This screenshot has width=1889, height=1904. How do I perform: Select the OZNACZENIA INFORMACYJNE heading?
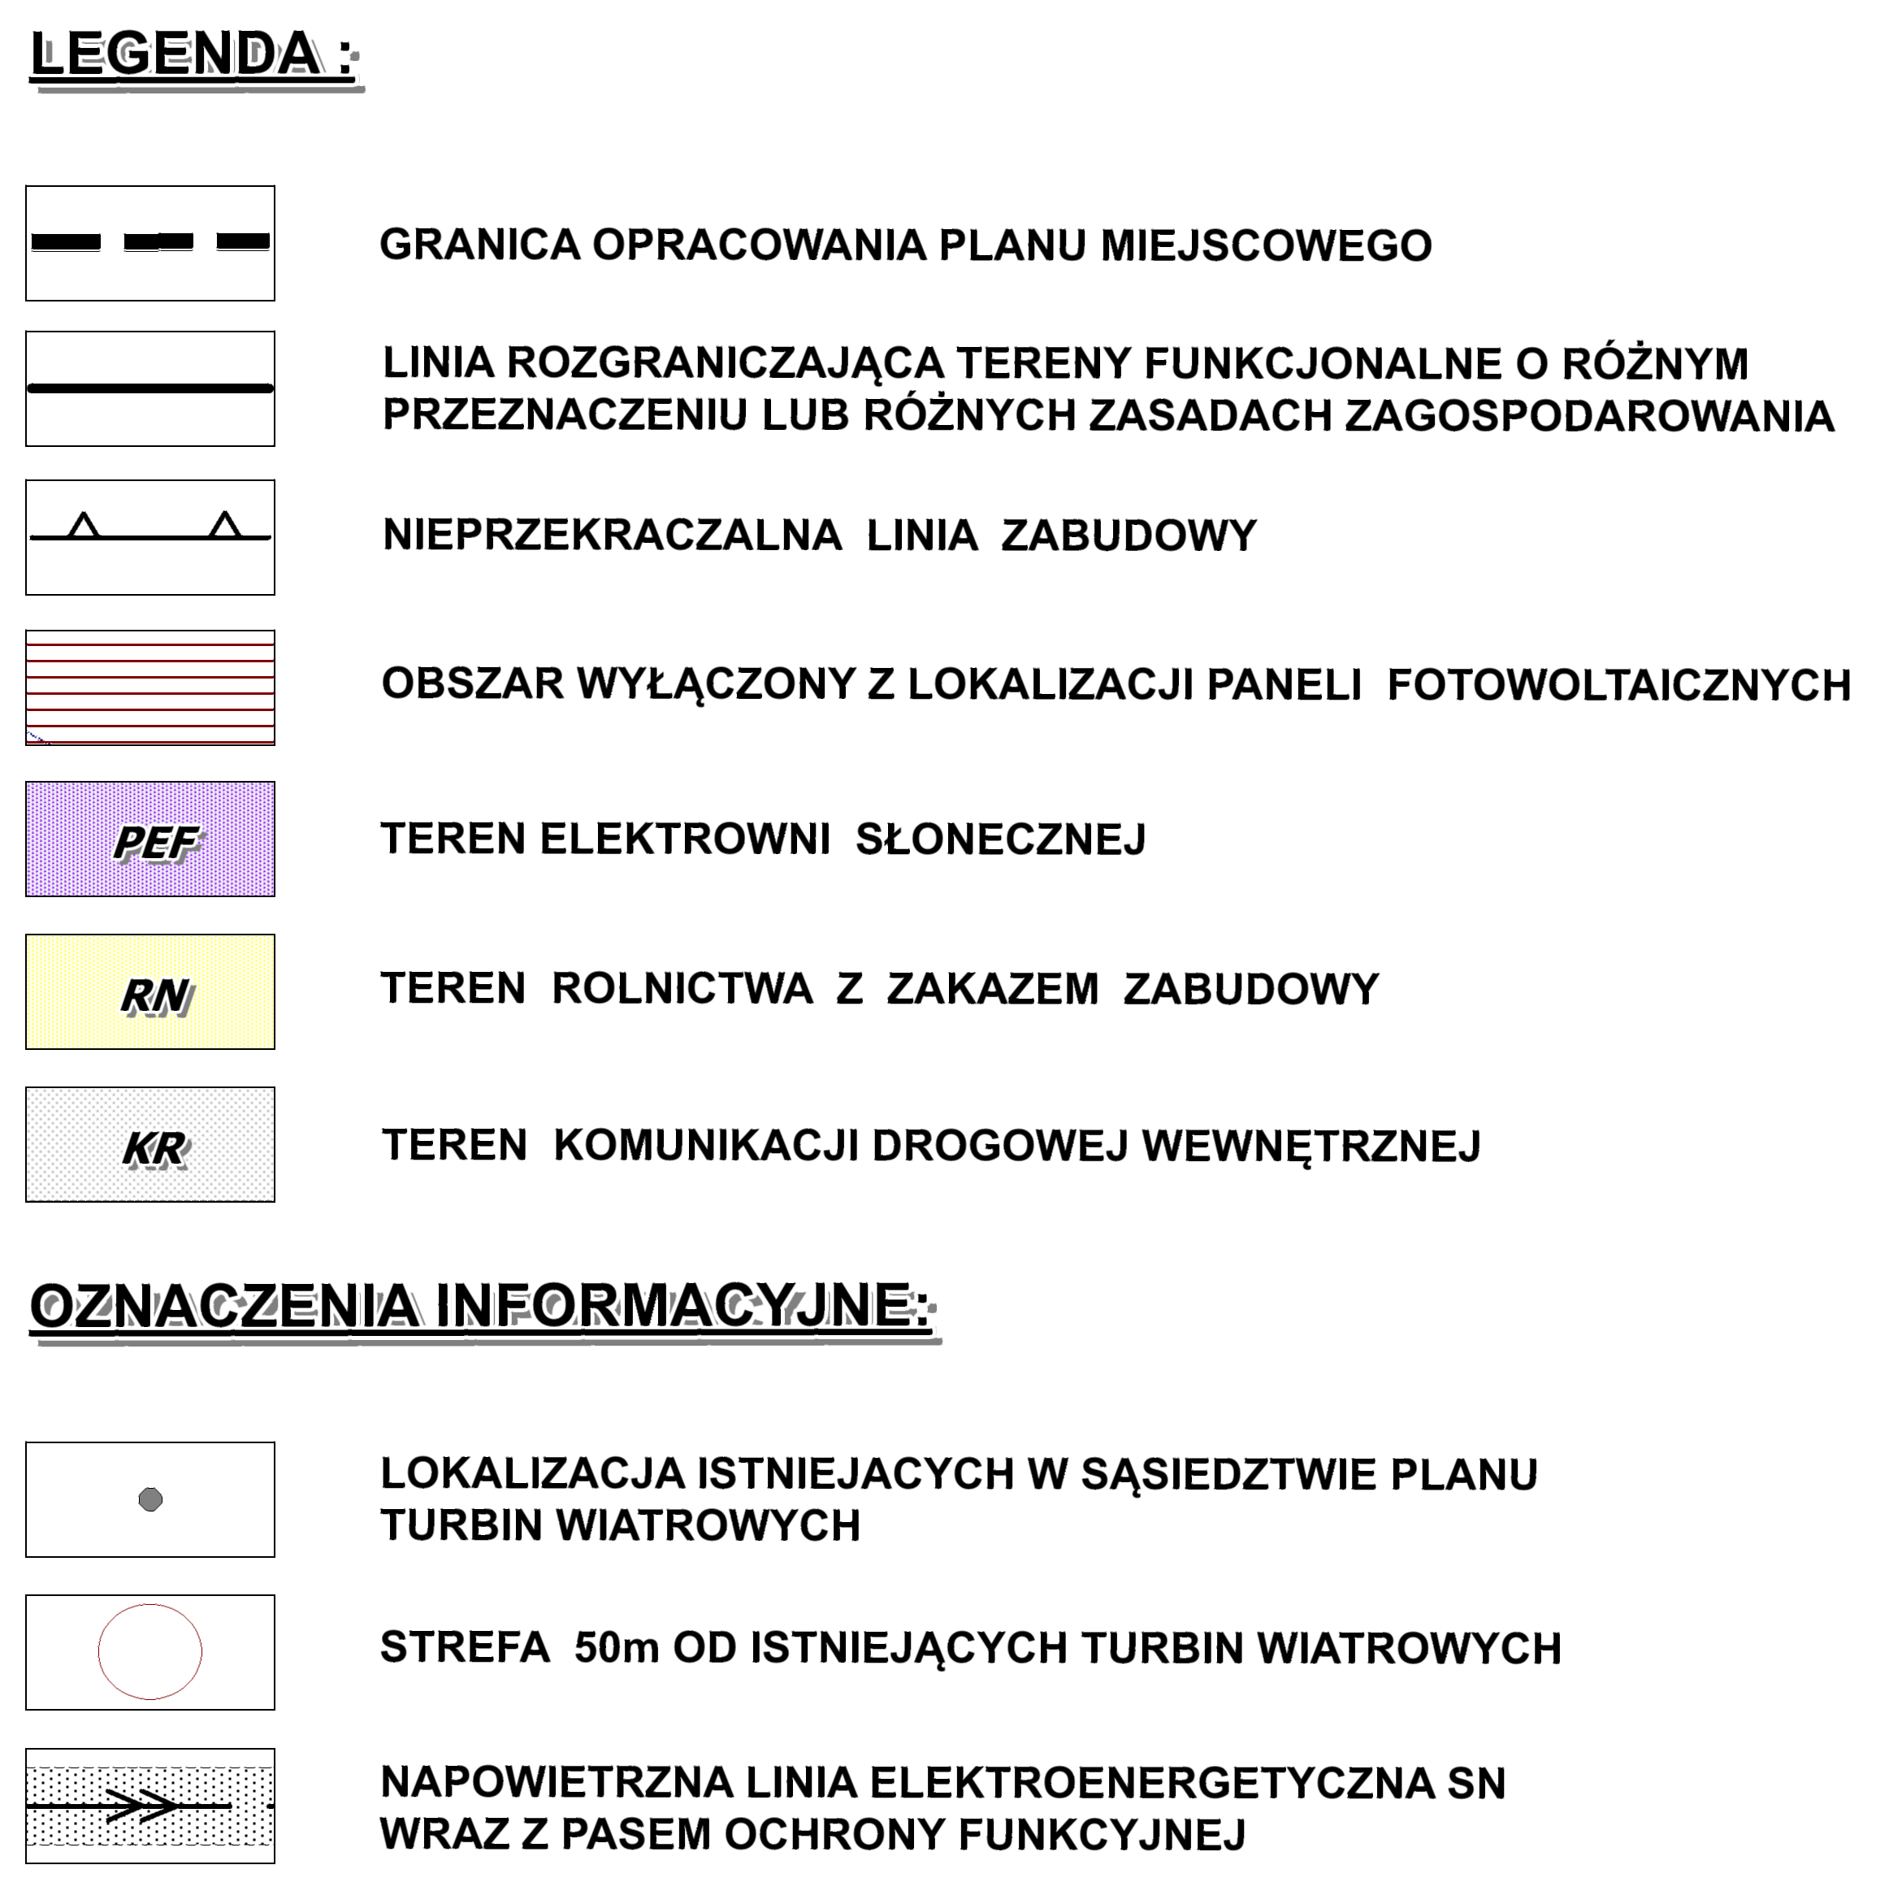point(480,1307)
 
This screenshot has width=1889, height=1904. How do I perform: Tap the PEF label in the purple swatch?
point(156,844)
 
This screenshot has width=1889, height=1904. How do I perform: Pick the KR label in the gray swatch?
point(154,1149)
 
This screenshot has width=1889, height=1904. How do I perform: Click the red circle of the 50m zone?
point(149,1653)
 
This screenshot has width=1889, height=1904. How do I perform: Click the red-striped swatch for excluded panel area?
point(149,687)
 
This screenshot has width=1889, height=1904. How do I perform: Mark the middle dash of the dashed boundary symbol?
point(158,242)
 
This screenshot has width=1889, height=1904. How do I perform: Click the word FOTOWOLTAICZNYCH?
point(1619,686)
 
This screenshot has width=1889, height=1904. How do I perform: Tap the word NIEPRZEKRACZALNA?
point(612,536)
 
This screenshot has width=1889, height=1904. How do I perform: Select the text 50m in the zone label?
point(616,1649)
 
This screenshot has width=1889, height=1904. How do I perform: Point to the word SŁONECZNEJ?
point(1000,839)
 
